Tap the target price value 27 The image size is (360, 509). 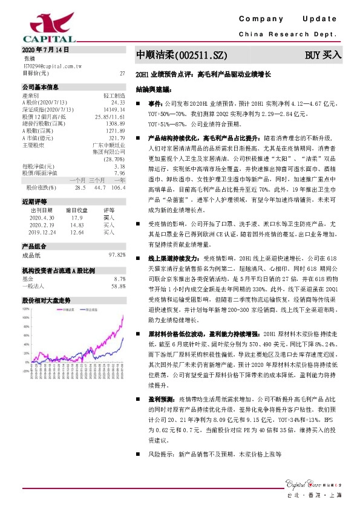(122, 73)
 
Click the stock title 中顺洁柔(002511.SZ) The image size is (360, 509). (182, 56)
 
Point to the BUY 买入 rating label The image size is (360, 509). (323, 56)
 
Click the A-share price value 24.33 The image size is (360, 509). (118, 103)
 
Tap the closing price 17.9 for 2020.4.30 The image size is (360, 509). (76, 218)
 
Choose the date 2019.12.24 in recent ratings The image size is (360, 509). (42, 231)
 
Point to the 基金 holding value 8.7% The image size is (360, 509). (120, 279)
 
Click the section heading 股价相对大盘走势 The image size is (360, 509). (46, 300)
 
